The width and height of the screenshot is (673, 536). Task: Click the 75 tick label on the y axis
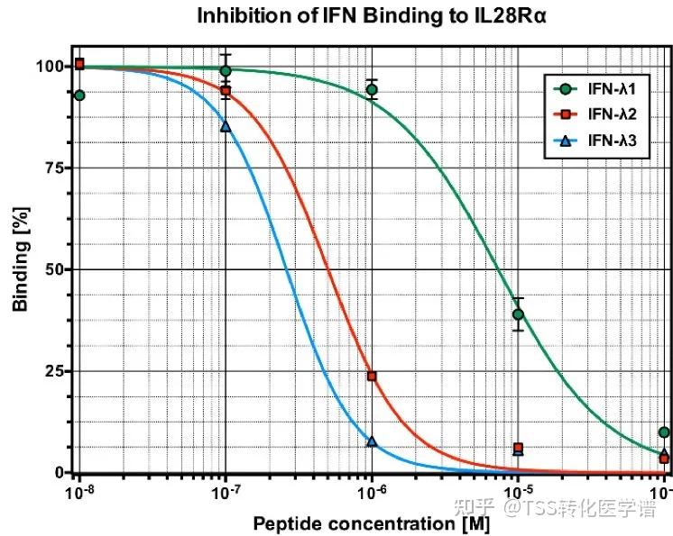pyautogui.click(x=51, y=168)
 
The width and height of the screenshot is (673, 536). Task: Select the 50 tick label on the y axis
pyautogui.click(x=51, y=269)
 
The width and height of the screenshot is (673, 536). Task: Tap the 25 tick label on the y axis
pyautogui.click(x=51, y=371)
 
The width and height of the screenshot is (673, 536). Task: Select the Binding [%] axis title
pyautogui.click(x=20, y=270)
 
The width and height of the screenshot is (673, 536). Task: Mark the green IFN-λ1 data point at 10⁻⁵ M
pyautogui.click(x=518, y=314)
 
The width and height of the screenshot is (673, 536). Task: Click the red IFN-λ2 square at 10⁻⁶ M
pyautogui.click(x=372, y=376)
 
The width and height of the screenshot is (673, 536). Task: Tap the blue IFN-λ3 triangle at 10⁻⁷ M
pyautogui.click(x=226, y=126)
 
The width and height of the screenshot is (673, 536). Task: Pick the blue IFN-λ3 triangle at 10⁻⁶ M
pyautogui.click(x=372, y=441)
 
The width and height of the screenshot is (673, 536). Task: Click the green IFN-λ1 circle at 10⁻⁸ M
pyautogui.click(x=79, y=95)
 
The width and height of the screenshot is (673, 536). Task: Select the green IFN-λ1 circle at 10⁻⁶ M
pyautogui.click(x=372, y=89)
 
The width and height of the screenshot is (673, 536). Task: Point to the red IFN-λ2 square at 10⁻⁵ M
pyautogui.click(x=518, y=448)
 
